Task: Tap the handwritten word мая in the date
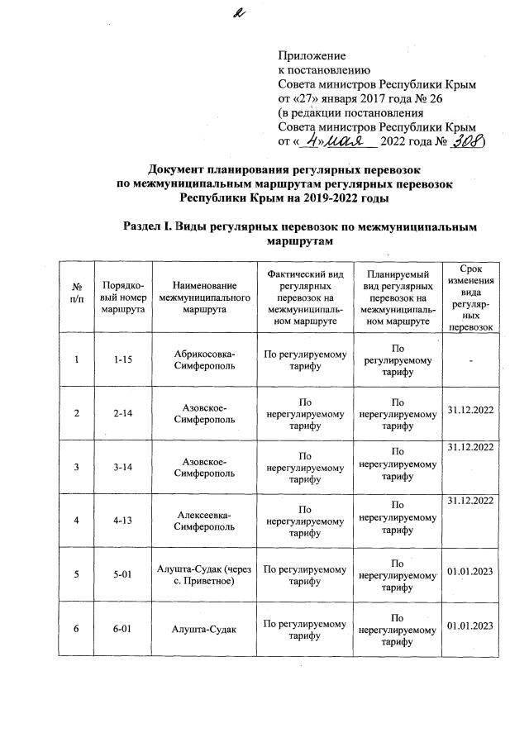point(344,141)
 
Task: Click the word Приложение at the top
point(311,55)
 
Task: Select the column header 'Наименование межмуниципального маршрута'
point(204,296)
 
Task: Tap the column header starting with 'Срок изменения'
point(469,296)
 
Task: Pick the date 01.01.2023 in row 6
point(469,630)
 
